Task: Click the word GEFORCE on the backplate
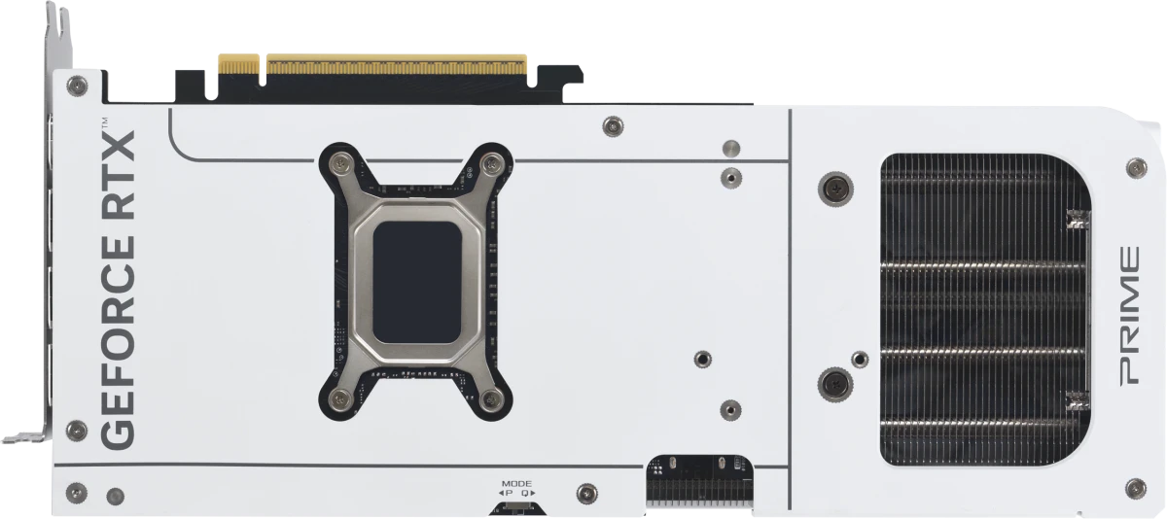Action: [118, 342]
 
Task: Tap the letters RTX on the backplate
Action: [118, 174]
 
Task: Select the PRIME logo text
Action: [1129, 316]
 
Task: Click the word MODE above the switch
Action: [516, 484]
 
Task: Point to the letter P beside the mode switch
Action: [509, 493]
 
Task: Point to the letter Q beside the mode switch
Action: [524, 493]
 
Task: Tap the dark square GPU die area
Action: [417, 282]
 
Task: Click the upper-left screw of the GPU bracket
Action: [340, 164]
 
